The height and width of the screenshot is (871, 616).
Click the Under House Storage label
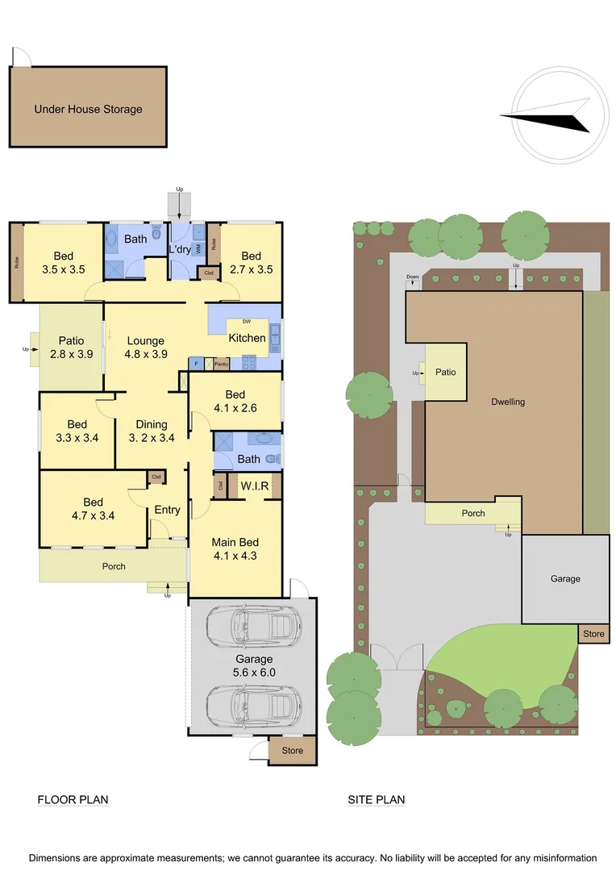88,109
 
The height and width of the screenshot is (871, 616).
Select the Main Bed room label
235,549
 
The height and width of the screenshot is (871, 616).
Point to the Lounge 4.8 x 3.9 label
145,348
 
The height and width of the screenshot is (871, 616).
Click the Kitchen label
247,338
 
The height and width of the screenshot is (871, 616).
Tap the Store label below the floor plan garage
293,751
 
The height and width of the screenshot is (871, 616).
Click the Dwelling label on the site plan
508,402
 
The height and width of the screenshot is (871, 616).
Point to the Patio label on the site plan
446,372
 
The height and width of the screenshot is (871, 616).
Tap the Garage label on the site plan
565,578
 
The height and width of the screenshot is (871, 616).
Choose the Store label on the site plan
593,634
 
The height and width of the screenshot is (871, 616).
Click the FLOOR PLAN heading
73,800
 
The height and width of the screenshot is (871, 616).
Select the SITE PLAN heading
377,800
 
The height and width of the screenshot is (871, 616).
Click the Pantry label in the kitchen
222,365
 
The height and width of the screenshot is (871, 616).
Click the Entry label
168,510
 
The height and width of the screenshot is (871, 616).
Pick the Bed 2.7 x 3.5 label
251,263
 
